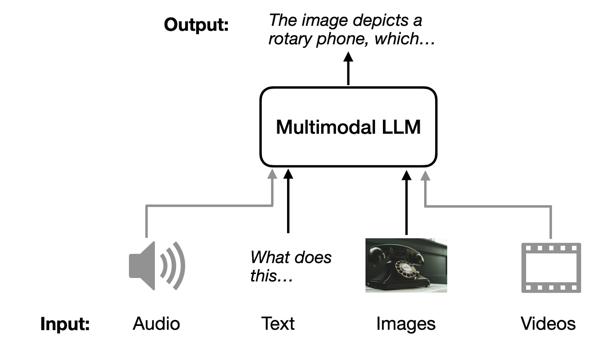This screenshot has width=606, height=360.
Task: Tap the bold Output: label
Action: (x=196, y=25)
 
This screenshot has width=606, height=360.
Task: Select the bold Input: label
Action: (x=65, y=324)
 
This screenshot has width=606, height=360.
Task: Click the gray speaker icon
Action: (x=156, y=266)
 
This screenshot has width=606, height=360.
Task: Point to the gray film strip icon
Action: (x=551, y=268)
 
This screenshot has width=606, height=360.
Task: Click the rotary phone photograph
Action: (x=406, y=265)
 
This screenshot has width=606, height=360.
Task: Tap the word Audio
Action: (x=156, y=324)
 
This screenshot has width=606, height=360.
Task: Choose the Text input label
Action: (x=278, y=324)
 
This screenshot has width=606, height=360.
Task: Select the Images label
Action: (x=406, y=324)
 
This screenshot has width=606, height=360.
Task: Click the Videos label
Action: (x=548, y=324)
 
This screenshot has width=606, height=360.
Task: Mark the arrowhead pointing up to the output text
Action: (x=348, y=57)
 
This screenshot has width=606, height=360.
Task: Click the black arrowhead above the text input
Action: (x=288, y=174)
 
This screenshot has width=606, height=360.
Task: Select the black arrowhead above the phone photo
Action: (x=406, y=175)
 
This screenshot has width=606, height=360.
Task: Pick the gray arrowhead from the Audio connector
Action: (x=272, y=174)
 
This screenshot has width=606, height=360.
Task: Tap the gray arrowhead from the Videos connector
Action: (x=425, y=175)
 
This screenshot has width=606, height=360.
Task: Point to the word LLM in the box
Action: (x=401, y=127)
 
